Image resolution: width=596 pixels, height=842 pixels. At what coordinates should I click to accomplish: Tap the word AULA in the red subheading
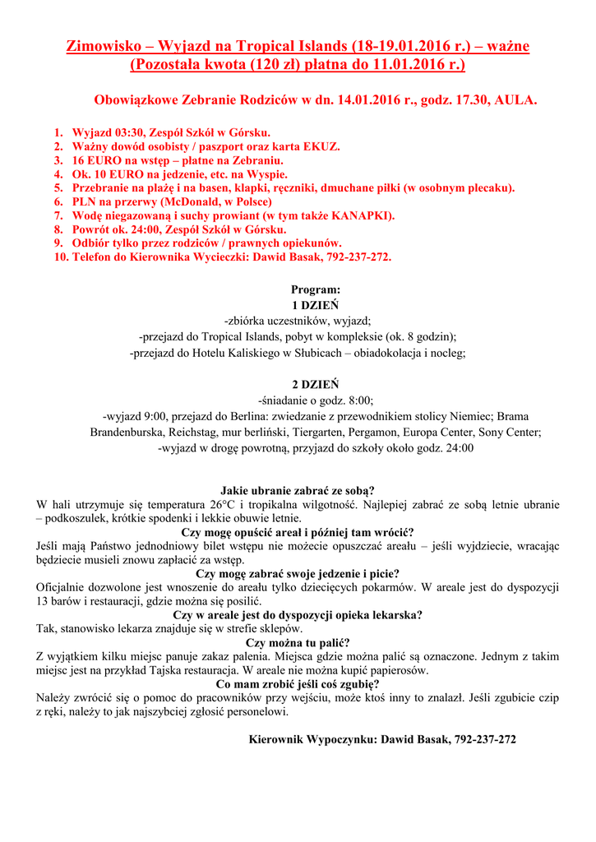tap(516, 100)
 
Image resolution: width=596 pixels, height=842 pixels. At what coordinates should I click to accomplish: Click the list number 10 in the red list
tap(58, 257)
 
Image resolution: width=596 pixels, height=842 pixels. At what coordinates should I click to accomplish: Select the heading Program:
tap(315, 289)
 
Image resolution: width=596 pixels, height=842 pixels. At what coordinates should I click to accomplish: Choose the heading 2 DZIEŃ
tap(315, 384)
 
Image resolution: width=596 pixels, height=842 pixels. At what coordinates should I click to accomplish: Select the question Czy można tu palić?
tap(298, 642)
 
